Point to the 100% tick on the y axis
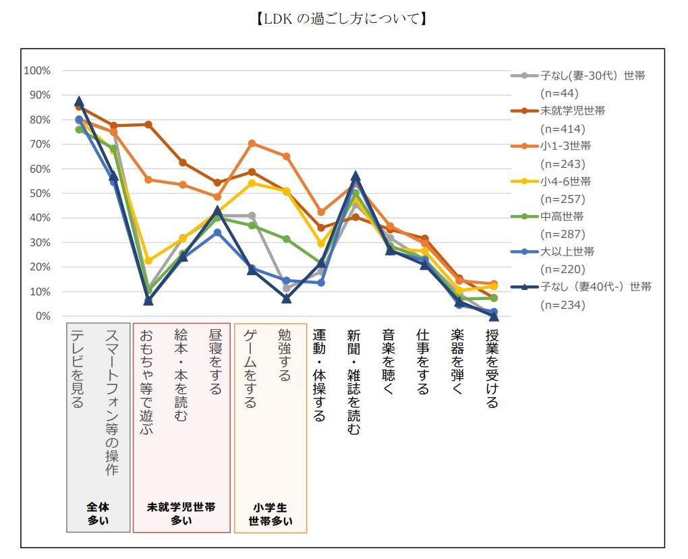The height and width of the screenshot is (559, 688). pos(37,71)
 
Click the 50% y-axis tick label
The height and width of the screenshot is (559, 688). pos(40,194)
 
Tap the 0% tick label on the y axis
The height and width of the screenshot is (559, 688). pos(42,316)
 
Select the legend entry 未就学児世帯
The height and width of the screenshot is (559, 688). pos(572,111)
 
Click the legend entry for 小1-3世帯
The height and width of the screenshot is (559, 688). pos(565,146)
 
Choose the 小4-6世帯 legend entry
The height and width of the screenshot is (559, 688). pos(565,181)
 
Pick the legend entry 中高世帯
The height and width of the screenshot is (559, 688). pos(562,216)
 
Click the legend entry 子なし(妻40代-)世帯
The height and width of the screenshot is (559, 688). pos(596,287)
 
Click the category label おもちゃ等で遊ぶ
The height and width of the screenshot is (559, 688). pos(147,382)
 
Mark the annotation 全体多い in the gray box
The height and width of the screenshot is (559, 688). pos(98,513)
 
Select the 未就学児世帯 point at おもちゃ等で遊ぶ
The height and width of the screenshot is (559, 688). pos(148,125)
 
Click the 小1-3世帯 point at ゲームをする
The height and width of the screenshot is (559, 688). pos(252,144)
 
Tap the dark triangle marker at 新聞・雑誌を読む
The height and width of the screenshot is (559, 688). pos(355,177)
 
